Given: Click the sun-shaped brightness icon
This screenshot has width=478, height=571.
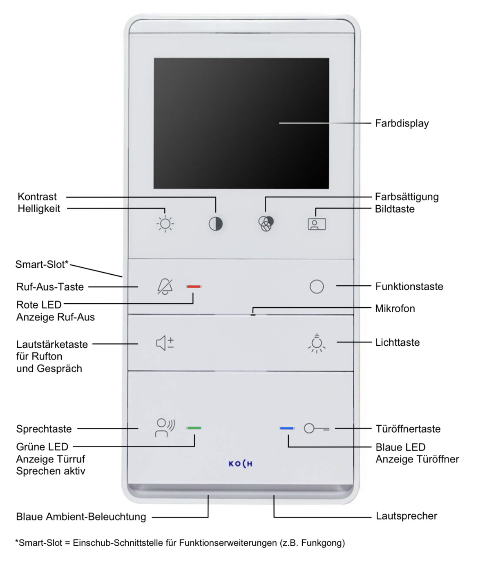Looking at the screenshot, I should [165, 224].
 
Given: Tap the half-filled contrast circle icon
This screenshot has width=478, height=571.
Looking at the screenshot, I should [216, 224].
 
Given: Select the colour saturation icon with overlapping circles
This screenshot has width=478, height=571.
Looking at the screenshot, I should [266, 224].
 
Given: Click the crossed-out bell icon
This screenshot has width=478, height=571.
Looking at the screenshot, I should [165, 287].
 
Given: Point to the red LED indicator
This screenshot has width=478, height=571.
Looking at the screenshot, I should [194, 287].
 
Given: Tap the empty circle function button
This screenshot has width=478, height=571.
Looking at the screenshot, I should [317, 287].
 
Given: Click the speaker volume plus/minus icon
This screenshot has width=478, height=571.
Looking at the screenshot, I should [165, 343].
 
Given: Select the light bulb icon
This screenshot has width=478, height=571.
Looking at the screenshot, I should [317, 343].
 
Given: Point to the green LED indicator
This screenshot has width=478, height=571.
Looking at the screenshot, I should [194, 428].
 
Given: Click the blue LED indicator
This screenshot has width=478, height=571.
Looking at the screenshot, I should [287, 428].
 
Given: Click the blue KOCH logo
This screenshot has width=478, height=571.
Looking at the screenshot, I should [240, 464].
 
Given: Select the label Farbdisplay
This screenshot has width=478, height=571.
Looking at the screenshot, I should [402, 123].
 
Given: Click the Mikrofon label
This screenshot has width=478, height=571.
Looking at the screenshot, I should [395, 309].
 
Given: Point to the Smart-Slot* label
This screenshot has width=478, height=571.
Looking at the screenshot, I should [42, 264].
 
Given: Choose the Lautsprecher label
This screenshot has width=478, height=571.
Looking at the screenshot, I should [406, 516].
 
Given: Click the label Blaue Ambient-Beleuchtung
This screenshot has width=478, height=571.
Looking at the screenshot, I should [81, 517].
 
